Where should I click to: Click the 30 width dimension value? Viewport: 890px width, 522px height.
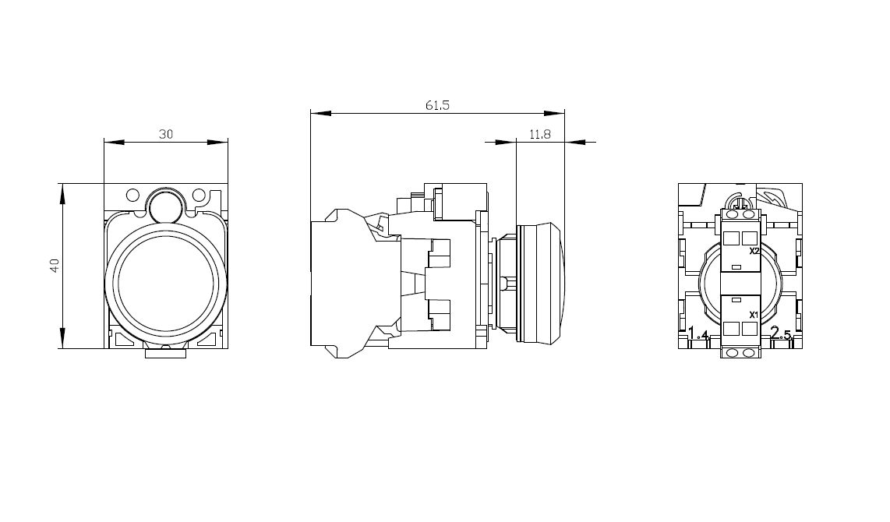pos(166,135)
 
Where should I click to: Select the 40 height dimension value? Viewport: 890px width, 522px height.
pos(55,266)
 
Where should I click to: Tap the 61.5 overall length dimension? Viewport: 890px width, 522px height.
pos(437,105)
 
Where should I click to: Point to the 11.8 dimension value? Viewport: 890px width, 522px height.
pos(540,135)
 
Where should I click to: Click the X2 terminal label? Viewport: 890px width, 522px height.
pos(754,251)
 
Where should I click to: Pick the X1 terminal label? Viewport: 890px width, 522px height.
pos(754,315)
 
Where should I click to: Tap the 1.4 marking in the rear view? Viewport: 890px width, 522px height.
pos(698,333)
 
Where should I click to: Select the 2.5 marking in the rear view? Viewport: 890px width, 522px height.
pos(780,333)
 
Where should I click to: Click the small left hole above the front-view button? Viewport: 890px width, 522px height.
pos(132,196)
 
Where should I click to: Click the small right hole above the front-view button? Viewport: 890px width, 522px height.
pos(199,196)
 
